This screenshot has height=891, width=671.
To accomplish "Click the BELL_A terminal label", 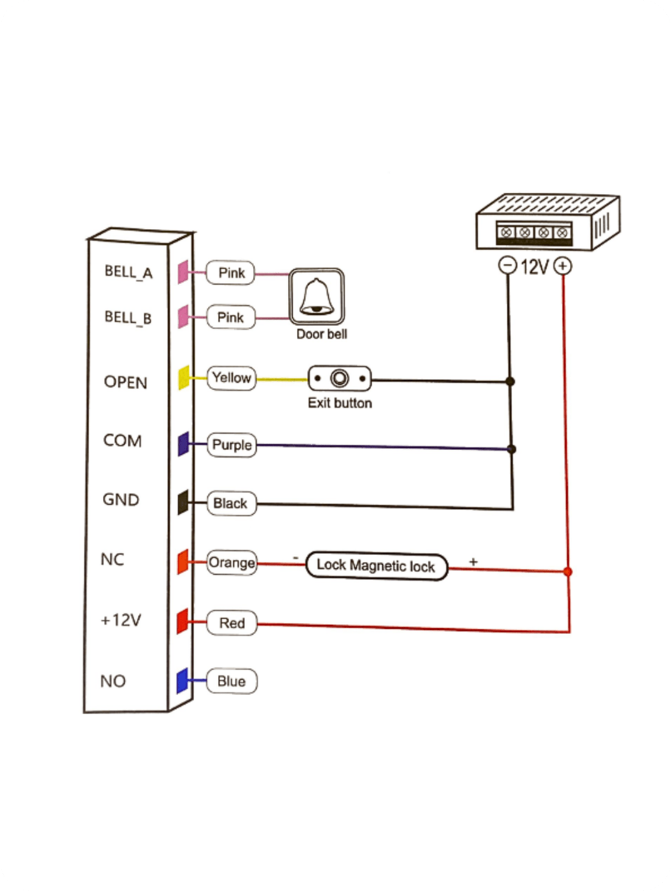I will pyautogui.click(x=128, y=272).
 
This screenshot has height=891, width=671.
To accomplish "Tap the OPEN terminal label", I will pyautogui.click(x=125, y=382).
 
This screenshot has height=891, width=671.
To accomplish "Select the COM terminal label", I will pyautogui.click(x=122, y=440).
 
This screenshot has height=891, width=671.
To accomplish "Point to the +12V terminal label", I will pyautogui.click(x=121, y=619).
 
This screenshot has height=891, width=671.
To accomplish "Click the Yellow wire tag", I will pyautogui.click(x=232, y=378).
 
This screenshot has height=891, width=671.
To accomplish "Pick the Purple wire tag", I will pyautogui.click(x=232, y=445).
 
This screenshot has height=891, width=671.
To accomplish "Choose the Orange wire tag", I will pyautogui.click(x=232, y=563).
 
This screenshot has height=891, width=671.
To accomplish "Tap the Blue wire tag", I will pyautogui.click(x=232, y=681).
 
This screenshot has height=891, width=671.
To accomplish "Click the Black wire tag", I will pyautogui.click(x=231, y=503).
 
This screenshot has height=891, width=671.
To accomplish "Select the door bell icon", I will pyautogui.click(x=317, y=297).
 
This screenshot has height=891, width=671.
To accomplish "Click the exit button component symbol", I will pyautogui.click(x=340, y=379).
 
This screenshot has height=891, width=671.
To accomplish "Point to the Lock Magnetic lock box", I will pyautogui.click(x=377, y=566).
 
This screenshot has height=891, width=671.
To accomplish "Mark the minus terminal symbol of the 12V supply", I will pyautogui.click(x=507, y=265).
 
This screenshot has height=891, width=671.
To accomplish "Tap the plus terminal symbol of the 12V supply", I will pyautogui.click(x=563, y=265).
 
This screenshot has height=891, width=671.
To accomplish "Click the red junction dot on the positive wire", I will pyautogui.click(x=568, y=572).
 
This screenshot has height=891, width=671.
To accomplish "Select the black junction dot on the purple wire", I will pyautogui.click(x=512, y=449).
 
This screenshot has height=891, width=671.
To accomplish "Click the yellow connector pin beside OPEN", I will pyautogui.click(x=184, y=377).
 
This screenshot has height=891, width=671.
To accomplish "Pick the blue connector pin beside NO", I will pyautogui.click(x=182, y=681).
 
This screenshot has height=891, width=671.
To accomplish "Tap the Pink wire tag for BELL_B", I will pyautogui.click(x=231, y=317).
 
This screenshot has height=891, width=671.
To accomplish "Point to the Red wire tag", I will pyautogui.click(x=232, y=623).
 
